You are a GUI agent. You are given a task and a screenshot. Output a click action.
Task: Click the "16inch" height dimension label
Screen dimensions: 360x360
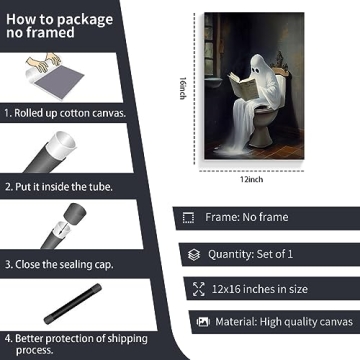pyautogui.click(x=182, y=88)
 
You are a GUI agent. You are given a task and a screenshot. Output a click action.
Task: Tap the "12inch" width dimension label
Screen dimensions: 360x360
pyautogui.click(x=252, y=179)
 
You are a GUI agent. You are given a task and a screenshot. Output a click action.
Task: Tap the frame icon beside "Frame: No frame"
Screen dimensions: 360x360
pyautogui.click(x=188, y=218)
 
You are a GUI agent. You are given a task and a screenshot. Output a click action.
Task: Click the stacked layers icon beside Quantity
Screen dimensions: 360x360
pyautogui.click(x=194, y=255)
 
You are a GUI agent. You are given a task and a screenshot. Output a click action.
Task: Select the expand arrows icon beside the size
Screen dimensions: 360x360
pyautogui.click(x=199, y=289)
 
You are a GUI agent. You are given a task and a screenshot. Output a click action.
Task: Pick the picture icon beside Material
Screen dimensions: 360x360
pyautogui.click(x=203, y=322)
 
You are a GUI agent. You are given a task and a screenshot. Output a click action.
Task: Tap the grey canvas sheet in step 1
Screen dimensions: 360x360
pyautogui.click(x=59, y=82)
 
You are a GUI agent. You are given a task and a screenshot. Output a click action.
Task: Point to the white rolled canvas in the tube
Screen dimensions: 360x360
pyautogui.click(x=61, y=144)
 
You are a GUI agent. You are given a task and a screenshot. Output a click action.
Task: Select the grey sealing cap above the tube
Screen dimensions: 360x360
pyautogui.click(x=74, y=213)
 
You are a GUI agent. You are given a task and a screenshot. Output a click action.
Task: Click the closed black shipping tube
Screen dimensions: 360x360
pyautogui.click(x=73, y=304)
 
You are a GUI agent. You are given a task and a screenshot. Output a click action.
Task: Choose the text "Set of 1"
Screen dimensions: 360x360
pyautogui.click(x=274, y=254)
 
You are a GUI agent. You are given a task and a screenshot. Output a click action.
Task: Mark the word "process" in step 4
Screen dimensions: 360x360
pyautogui.click(x=34, y=350)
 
